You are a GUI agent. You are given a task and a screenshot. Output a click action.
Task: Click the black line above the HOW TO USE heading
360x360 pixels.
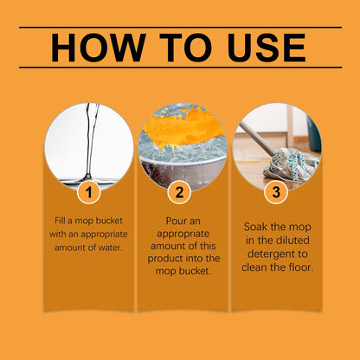180,28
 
